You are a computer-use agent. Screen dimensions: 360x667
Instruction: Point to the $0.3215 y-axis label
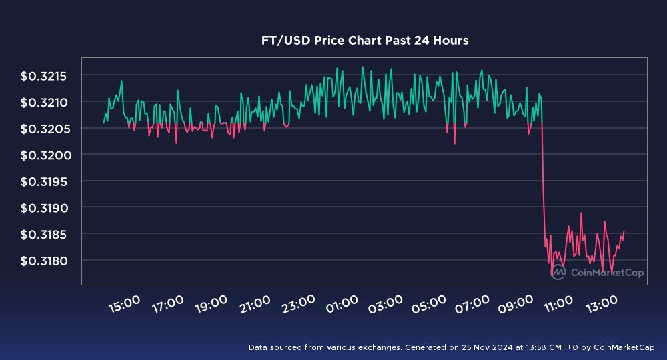click(44, 76)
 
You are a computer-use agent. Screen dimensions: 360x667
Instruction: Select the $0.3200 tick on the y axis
click(44, 155)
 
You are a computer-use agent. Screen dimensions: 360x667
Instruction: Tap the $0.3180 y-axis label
click(44, 260)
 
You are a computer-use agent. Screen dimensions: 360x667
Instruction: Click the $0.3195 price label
click(44, 181)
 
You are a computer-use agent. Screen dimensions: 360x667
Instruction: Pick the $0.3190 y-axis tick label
click(44, 207)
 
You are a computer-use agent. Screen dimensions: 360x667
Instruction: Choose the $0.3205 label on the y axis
click(44, 129)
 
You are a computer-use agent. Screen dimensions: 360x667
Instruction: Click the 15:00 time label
click(124, 305)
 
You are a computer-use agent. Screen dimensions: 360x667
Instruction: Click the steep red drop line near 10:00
click(544, 187)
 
